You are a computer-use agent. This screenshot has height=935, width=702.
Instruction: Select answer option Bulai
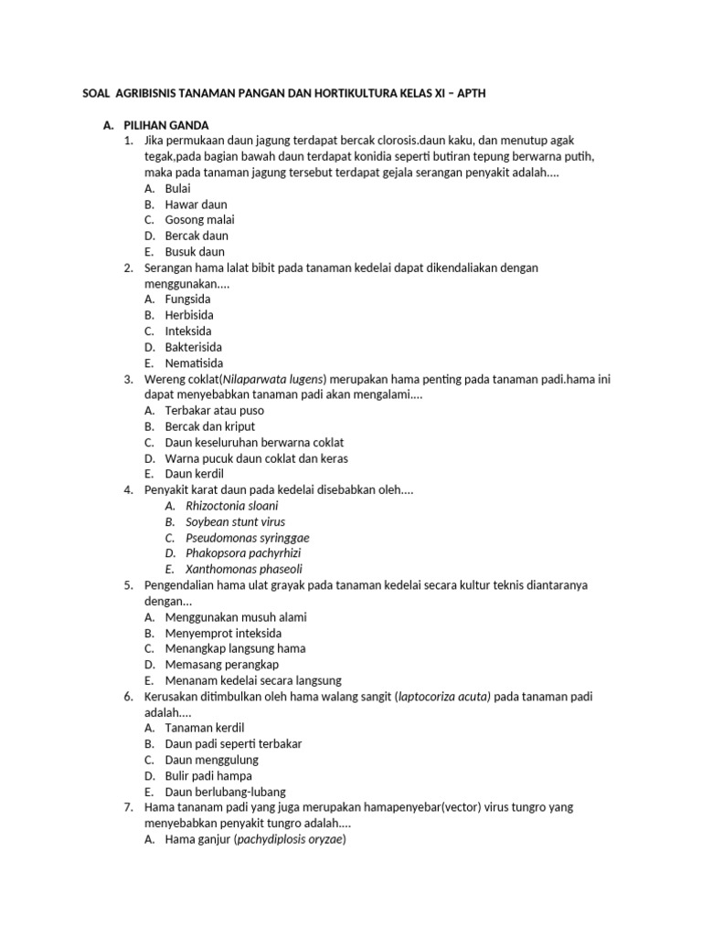tap(178, 188)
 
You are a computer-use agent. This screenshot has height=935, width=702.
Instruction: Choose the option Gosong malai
tap(199, 220)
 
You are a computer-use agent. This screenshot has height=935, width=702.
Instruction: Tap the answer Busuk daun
tap(194, 251)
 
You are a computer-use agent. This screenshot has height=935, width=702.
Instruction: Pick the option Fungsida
tap(187, 299)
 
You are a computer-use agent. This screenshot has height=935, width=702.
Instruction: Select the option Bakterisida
tap(193, 347)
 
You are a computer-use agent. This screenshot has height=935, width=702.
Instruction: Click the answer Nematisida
tap(194, 362)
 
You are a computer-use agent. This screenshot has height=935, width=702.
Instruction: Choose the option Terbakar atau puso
tap(216, 411)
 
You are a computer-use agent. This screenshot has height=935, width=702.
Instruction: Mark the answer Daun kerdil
tap(194, 474)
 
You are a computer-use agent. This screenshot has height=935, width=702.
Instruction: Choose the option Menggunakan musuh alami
tap(236, 617)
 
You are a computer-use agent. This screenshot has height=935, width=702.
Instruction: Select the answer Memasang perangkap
tap(222, 664)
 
